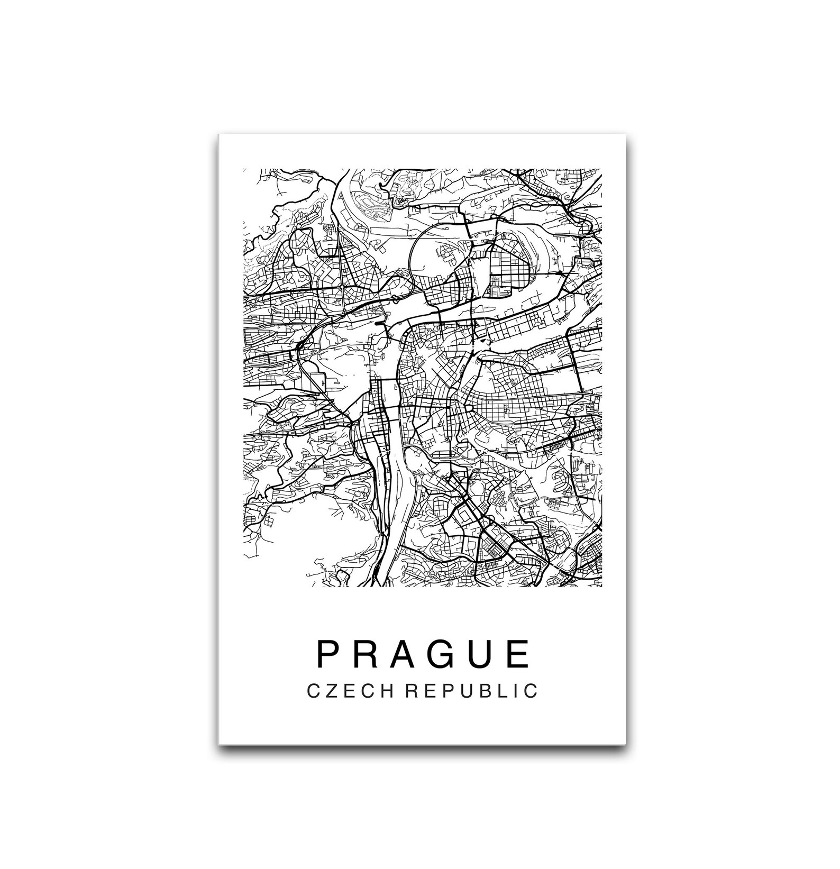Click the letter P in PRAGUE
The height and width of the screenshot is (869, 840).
[327, 654]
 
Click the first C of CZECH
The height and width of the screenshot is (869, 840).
[313, 691]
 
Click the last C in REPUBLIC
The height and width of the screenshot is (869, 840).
[531, 691]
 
